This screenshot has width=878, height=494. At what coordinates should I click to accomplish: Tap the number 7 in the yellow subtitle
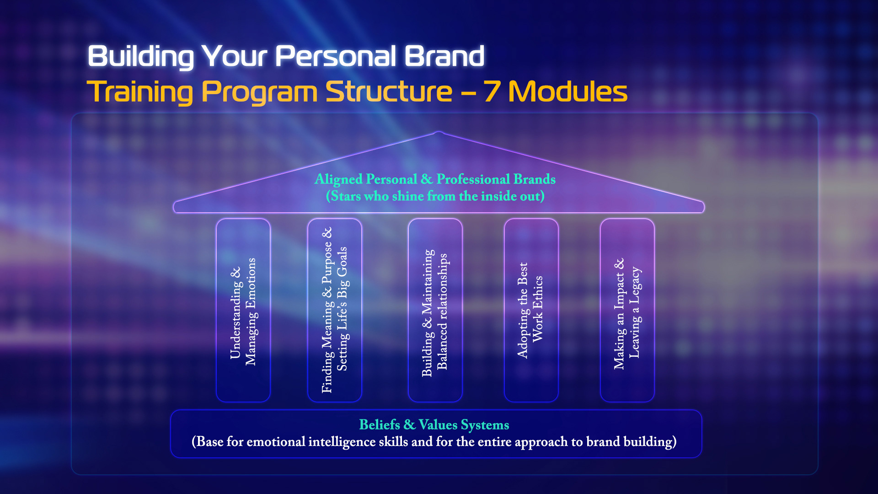pos(492,91)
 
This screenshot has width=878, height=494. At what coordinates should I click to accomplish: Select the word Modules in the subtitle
pos(567,91)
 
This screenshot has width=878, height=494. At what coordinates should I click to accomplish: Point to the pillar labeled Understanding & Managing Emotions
pos(243,311)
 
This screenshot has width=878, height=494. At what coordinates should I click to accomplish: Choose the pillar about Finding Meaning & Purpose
pos(334,311)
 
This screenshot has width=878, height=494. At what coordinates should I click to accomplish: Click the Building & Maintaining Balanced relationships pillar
pos(435,311)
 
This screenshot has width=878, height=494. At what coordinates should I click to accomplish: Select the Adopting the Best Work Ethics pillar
pos(531,311)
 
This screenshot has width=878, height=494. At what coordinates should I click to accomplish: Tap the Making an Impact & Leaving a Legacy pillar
pos(627,311)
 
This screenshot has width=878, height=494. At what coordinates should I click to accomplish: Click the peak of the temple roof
pos(439,134)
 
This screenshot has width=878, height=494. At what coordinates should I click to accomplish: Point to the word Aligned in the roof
pos(338,179)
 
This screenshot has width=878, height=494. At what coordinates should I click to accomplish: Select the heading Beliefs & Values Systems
pos(434,425)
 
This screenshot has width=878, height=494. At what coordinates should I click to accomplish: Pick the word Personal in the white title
pos(336,56)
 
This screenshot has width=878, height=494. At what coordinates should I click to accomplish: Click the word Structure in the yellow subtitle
pos(389,91)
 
